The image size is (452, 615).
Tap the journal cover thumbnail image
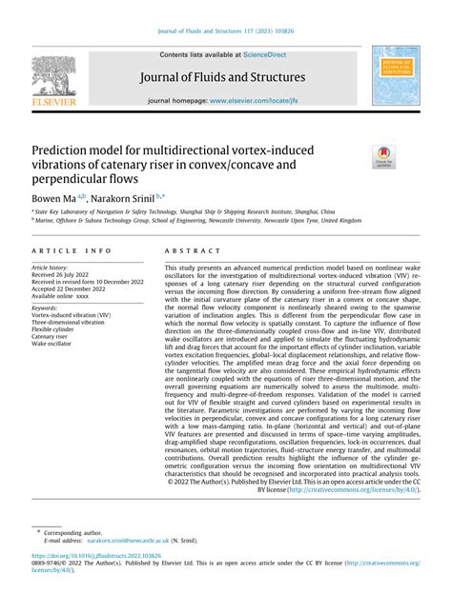pos(394,79)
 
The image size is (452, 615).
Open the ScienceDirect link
pos(270,55)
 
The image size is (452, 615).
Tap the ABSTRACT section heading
pos(187,251)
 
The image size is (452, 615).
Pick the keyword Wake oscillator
pos(54,345)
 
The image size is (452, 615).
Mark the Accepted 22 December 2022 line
pos(71,291)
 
